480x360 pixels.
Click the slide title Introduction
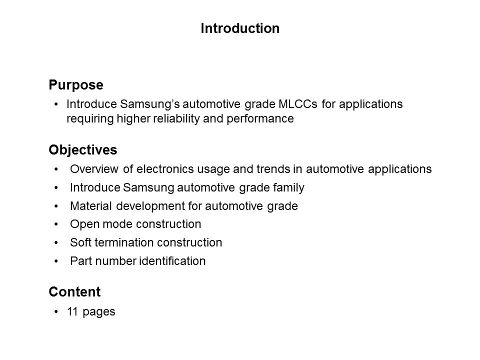240,28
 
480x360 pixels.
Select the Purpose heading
76,85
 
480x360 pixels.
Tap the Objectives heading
83,150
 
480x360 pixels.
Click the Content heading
74,291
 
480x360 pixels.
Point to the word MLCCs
298,104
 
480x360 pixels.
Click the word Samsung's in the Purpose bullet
150,104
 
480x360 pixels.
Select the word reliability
176,119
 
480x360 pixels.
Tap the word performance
260,119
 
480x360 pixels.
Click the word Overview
94,169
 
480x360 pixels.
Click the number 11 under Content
72,311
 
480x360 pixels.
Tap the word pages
99,312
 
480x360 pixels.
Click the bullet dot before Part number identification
56,261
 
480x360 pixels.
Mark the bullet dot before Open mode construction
56,224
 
